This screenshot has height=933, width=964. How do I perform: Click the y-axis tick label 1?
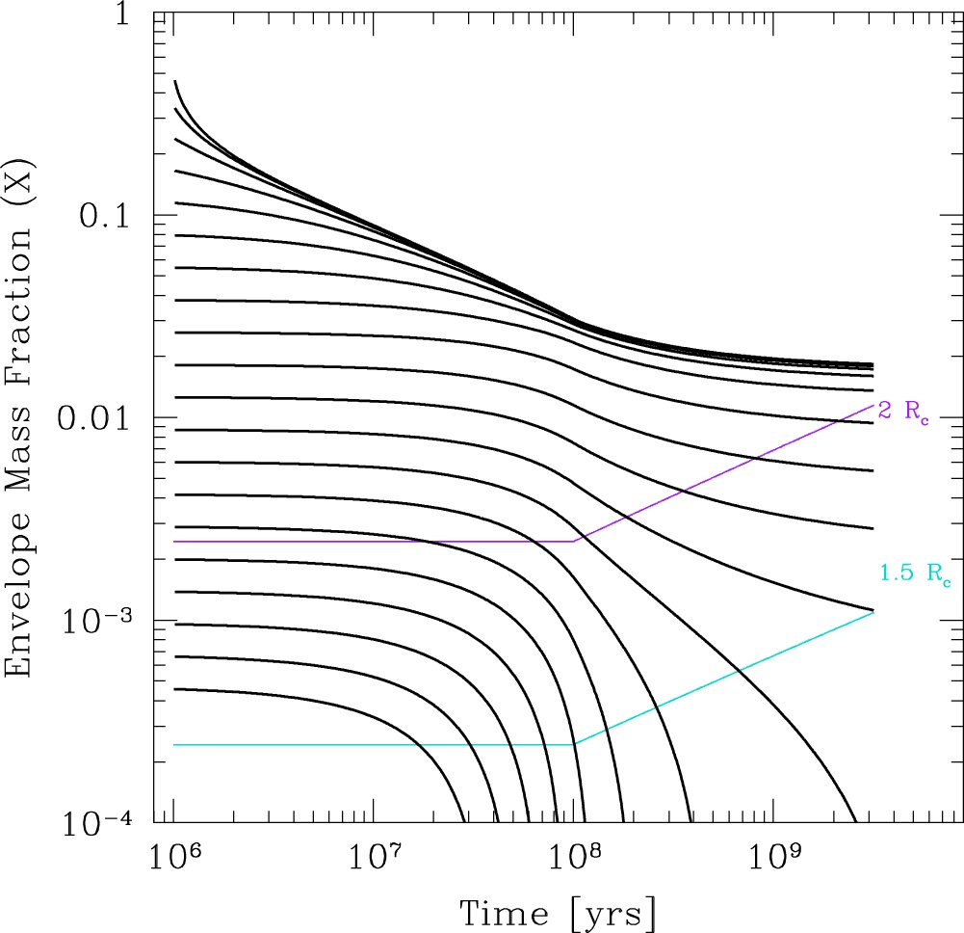click(x=124, y=18)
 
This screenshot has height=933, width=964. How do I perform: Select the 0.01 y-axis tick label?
click(x=94, y=419)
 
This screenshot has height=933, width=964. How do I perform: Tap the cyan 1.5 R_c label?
click(x=914, y=575)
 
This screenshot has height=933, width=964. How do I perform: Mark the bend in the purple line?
click(x=574, y=541)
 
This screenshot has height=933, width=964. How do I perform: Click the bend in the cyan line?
click(x=574, y=744)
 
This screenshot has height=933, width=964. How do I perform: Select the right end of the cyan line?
click(x=873, y=612)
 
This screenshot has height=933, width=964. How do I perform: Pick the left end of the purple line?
click(x=174, y=541)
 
